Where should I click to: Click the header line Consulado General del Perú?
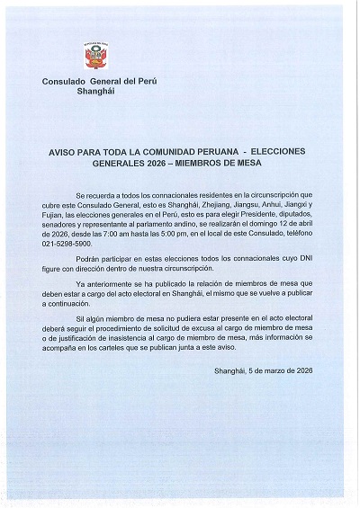pos(98,83)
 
